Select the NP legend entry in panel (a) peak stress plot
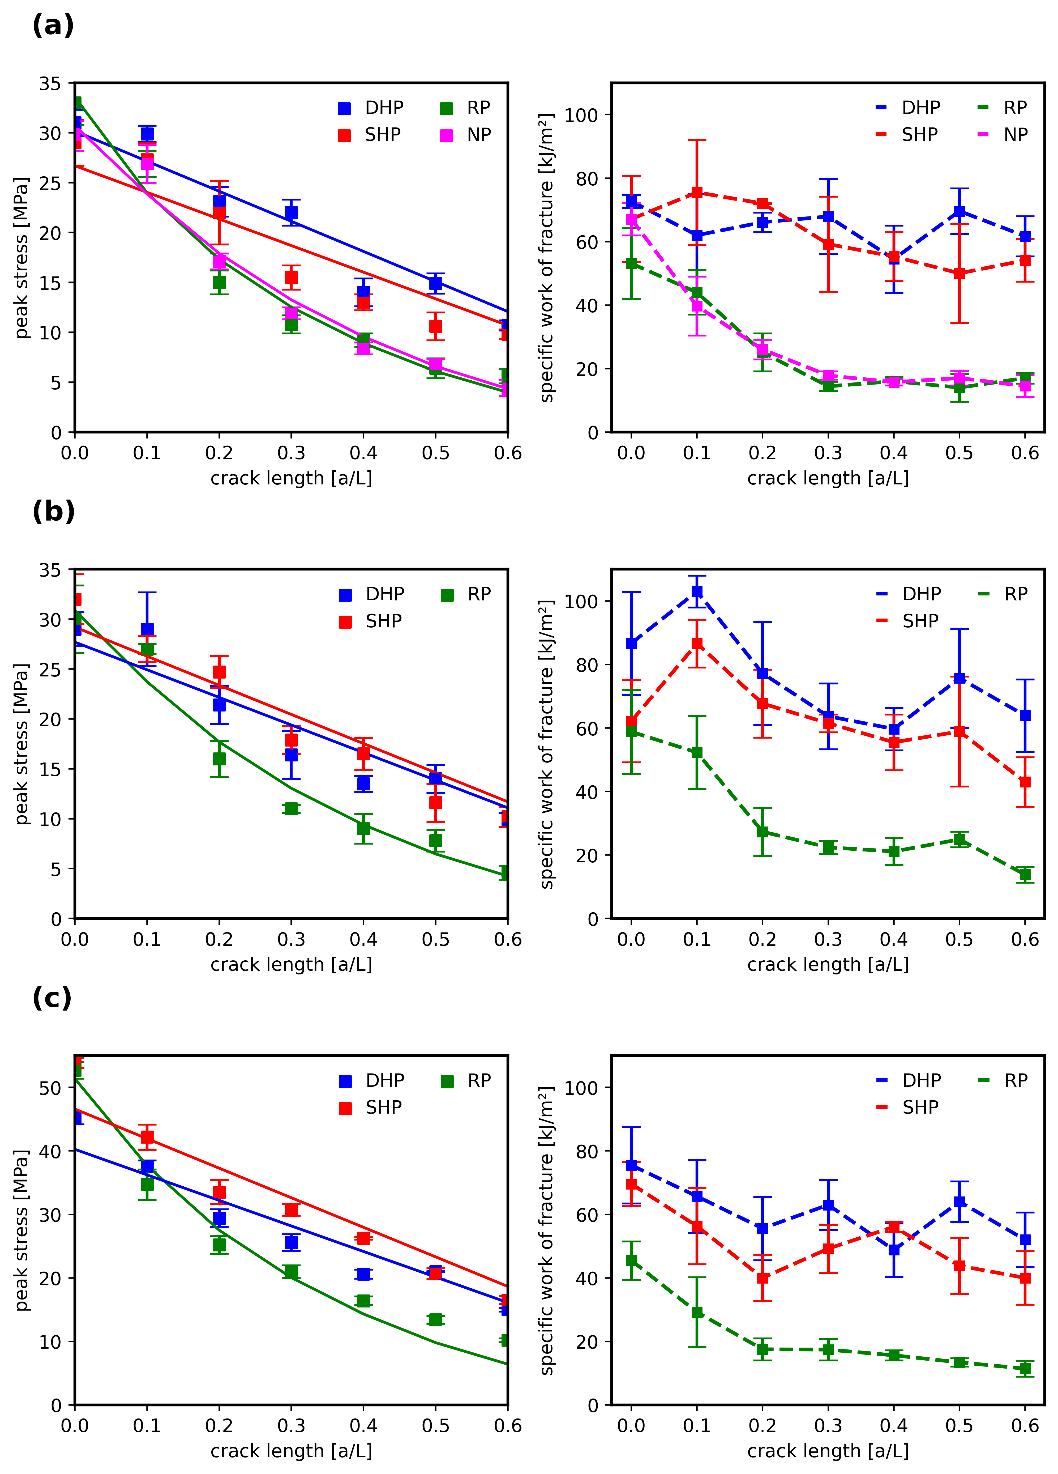coord(465,135)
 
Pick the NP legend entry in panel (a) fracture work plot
coord(1002,135)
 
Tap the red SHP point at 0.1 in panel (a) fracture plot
coord(697,192)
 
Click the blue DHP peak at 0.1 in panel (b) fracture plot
coord(697,591)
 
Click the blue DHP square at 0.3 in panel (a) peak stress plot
coord(291,212)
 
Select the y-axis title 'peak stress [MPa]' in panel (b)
coord(22,744)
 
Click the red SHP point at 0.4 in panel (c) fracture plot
coord(894,1227)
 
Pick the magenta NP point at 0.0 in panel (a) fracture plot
coord(631,220)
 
